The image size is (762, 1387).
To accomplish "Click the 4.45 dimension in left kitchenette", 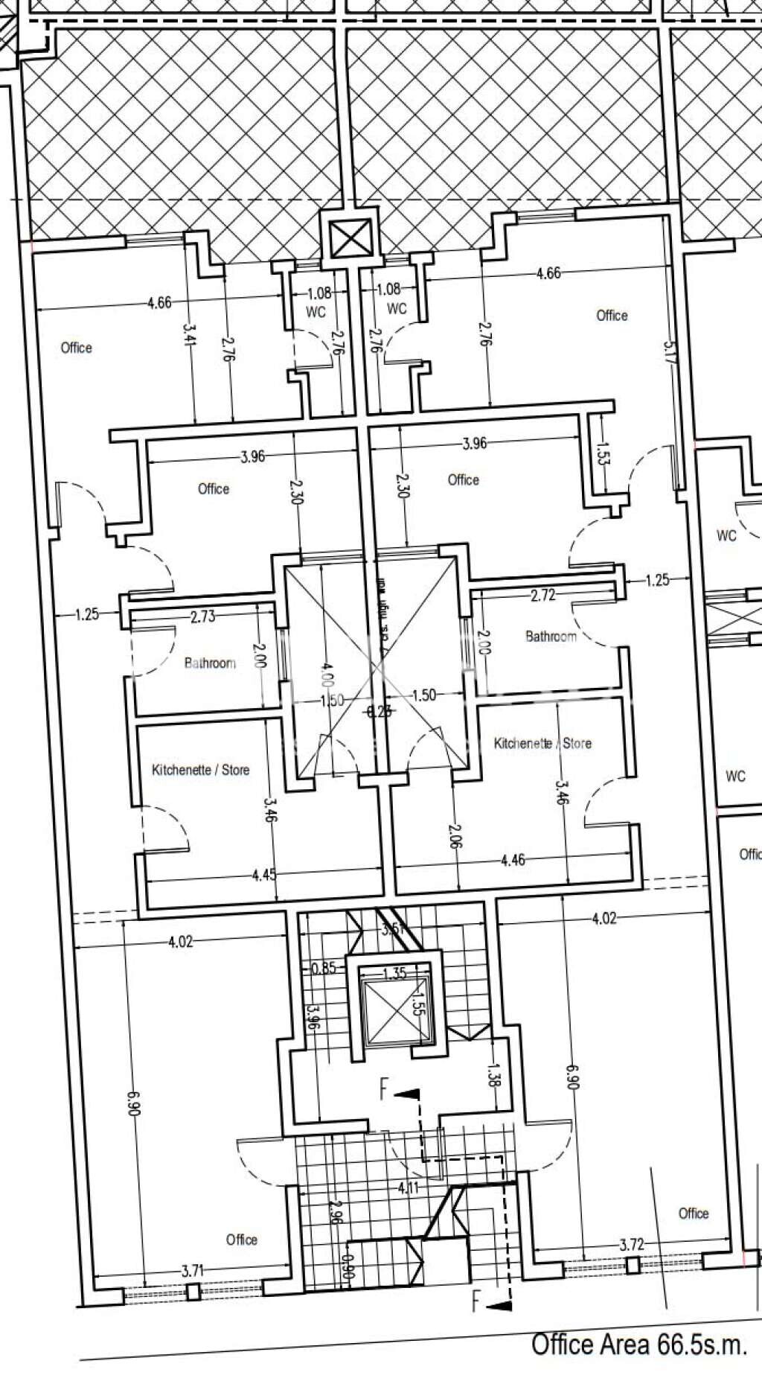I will (x=264, y=875).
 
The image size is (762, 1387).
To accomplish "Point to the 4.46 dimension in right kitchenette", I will (x=513, y=860).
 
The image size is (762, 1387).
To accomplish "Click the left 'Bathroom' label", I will (x=210, y=663).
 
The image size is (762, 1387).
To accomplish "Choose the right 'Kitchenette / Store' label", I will (x=542, y=743).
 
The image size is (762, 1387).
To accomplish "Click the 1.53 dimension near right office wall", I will (x=602, y=453).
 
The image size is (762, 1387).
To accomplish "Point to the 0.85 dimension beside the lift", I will (x=324, y=969).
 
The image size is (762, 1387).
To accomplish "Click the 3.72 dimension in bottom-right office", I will (x=631, y=1244).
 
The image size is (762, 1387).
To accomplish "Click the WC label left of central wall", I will (x=316, y=313).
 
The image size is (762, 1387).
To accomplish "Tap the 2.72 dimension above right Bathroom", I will (x=544, y=596).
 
